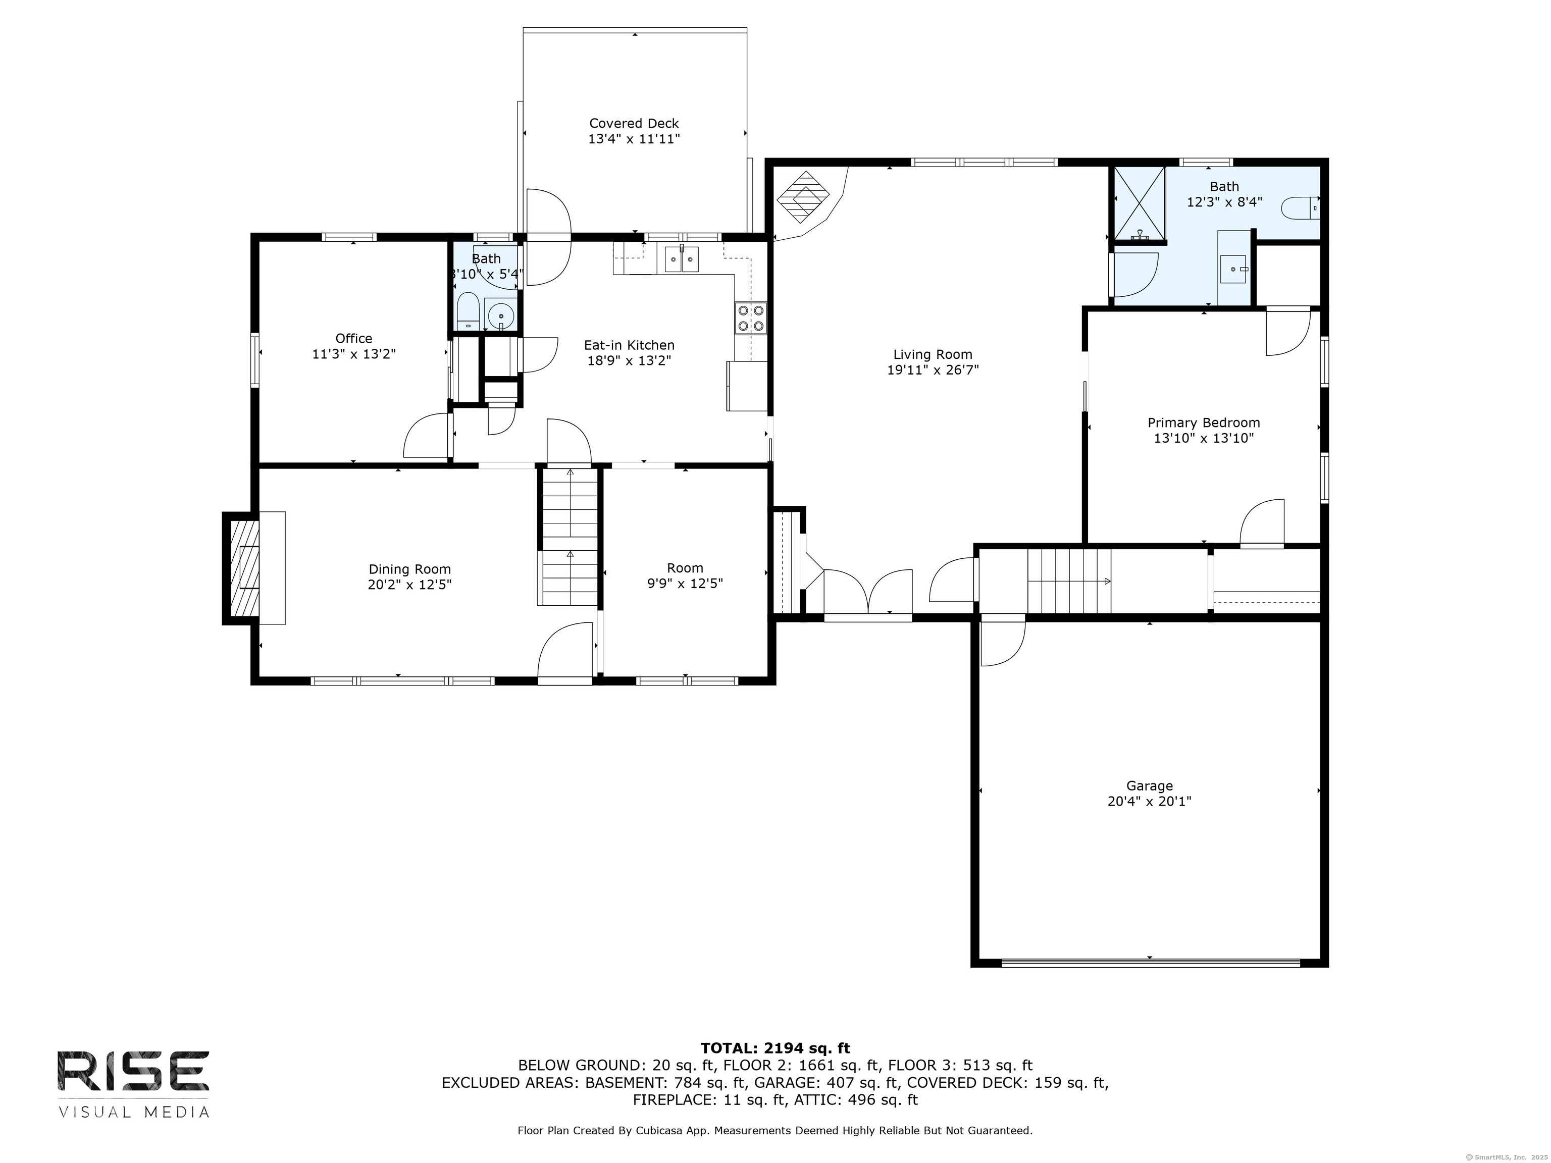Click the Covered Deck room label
point(634,123)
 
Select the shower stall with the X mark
point(1140,204)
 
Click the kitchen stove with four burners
point(750,317)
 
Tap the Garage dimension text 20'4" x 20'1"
point(1149,801)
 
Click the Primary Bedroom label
point(1203,422)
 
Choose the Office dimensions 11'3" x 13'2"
point(353,354)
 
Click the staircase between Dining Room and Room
point(570,536)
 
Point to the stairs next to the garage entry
point(1069,581)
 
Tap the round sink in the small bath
point(501,316)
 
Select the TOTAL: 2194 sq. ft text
point(775,1048)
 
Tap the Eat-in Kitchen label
point(629,345)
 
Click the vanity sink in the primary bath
point(1233,268)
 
